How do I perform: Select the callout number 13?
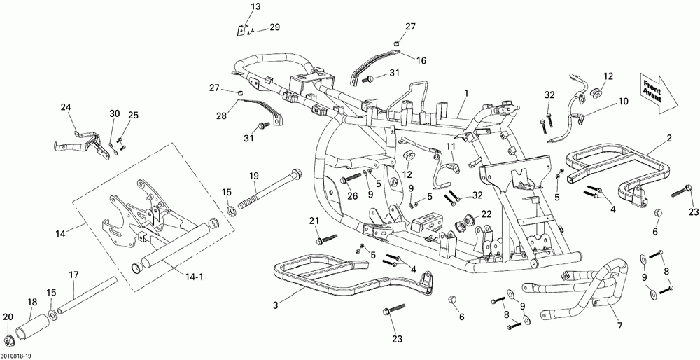(255, 7)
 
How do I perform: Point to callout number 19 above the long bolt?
(254, 176)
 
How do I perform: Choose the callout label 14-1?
(195, 277)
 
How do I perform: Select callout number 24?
(66, 107)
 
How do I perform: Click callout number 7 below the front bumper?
(619, 326)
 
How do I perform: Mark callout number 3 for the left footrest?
(276, 305)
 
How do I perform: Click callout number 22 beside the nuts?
(486, 214)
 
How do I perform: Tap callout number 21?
(315, 221)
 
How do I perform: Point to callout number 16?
(421, 60)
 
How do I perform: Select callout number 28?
(221, 116)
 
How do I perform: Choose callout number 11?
(451, 146)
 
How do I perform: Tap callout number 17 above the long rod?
(73, 275)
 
